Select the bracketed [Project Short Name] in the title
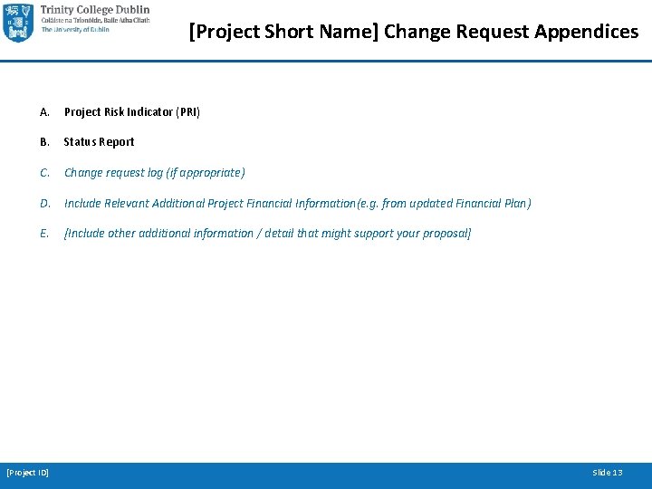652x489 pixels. (x=283, y=32)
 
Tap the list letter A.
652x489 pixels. (x=44, y=112)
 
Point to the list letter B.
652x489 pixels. (x=44, y=142)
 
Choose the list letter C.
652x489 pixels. (x=44, y=173)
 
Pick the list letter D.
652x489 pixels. (x=44, y=204)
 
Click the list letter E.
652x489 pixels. (x=44, y=234)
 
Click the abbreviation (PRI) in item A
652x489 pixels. (x=187, y=112)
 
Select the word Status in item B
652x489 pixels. (x=80, y=142)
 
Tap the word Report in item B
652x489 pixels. (x=117, y=142)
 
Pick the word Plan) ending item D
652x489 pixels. (x=518, y=204)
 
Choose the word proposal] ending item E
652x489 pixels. (x=447, y=234)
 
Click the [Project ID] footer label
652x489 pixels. (x=28, y=473)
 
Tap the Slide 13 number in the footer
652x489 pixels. (x=607, y=473)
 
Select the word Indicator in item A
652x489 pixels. (x=147, y=112)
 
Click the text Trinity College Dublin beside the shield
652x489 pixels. (x=95, y=10)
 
